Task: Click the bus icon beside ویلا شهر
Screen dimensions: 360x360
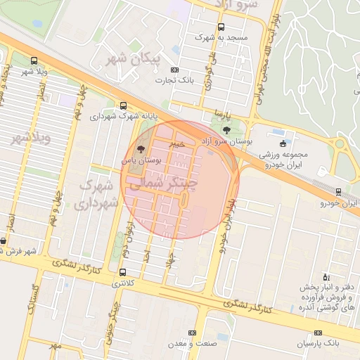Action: click(x=34, y=62)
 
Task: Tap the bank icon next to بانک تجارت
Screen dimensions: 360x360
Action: click(x=175, y=70)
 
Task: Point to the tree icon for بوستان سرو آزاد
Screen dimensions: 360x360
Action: click(x=226, y=130)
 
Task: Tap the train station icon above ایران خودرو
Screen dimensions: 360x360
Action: click(x=338, y=192)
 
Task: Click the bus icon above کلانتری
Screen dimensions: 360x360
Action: click(x=124, y=272)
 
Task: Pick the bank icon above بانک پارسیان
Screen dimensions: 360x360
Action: click(x=318, y=333)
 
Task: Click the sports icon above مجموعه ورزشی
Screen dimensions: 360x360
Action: click(x=283, y=143)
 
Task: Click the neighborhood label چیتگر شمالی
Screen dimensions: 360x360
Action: click(x=162, y=181)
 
